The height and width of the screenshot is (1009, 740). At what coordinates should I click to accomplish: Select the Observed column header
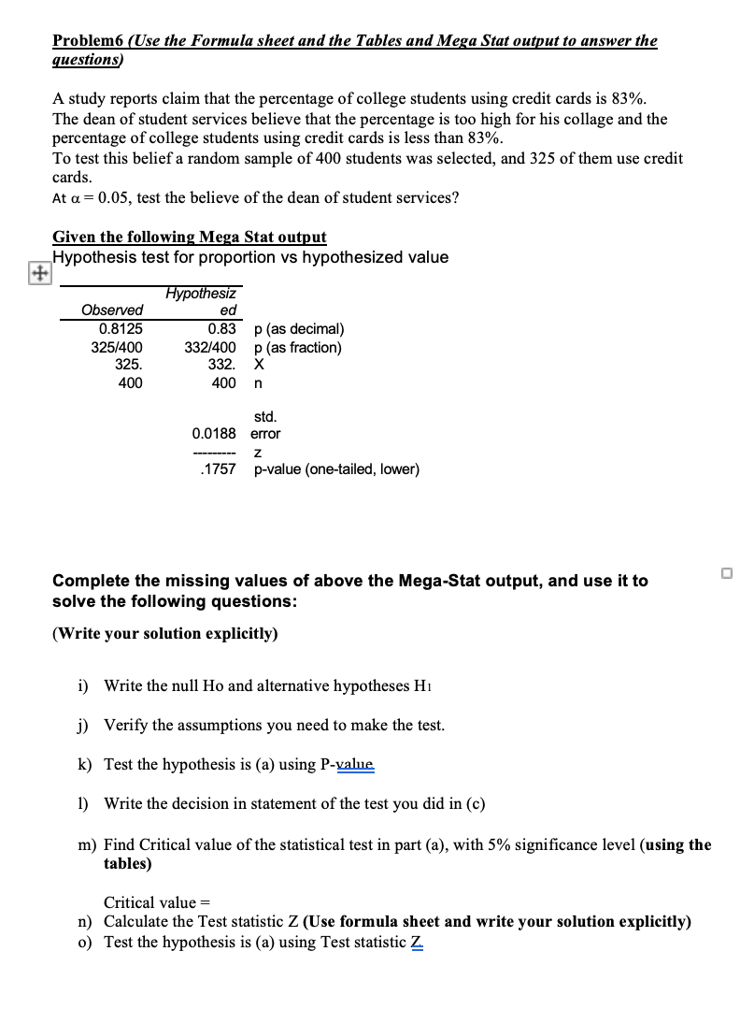[x=112, y=310]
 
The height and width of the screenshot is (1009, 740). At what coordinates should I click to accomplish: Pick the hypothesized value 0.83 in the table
[x=222, y=329]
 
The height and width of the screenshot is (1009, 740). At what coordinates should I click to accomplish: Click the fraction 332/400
[x=214, y=348]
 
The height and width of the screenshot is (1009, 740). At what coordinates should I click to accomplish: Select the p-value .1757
[x=218, y=469]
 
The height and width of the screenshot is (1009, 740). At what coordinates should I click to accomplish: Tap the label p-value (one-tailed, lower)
[x=336, y=469]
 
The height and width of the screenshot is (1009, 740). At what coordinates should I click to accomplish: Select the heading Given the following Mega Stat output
[x=190, y=238]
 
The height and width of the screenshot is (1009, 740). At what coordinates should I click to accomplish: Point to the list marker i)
[x=83, y=686]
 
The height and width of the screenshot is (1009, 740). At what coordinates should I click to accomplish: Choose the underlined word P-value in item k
[x=347, y=765]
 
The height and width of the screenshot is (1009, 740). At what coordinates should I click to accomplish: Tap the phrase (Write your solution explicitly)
[x=165, y=634]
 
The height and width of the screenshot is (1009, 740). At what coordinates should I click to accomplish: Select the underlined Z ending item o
[x=415, y=943]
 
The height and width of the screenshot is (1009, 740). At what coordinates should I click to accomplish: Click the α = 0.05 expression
[x=97, y=198]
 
